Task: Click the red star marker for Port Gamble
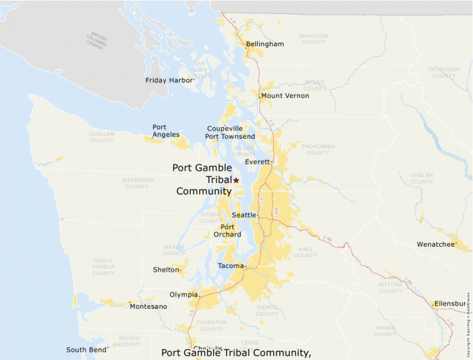point(236,180)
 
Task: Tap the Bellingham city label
point(265,44)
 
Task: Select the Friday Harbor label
point(169,81)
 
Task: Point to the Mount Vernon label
point(285,95)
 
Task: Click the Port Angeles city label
point(166,131)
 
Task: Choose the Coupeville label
point(225,129)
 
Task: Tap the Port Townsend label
point(230,137)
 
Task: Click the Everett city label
point(258,162)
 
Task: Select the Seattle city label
point(243,216)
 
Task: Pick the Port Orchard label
point(231,231)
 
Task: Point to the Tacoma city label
point(230,266)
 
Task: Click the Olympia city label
point(183,294)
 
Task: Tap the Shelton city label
point(166,270)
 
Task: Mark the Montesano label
point(148,306)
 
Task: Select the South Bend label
point(86,350)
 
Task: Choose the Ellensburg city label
point(452,304)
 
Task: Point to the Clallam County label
point(102,137)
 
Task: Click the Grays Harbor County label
point(103,267)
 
